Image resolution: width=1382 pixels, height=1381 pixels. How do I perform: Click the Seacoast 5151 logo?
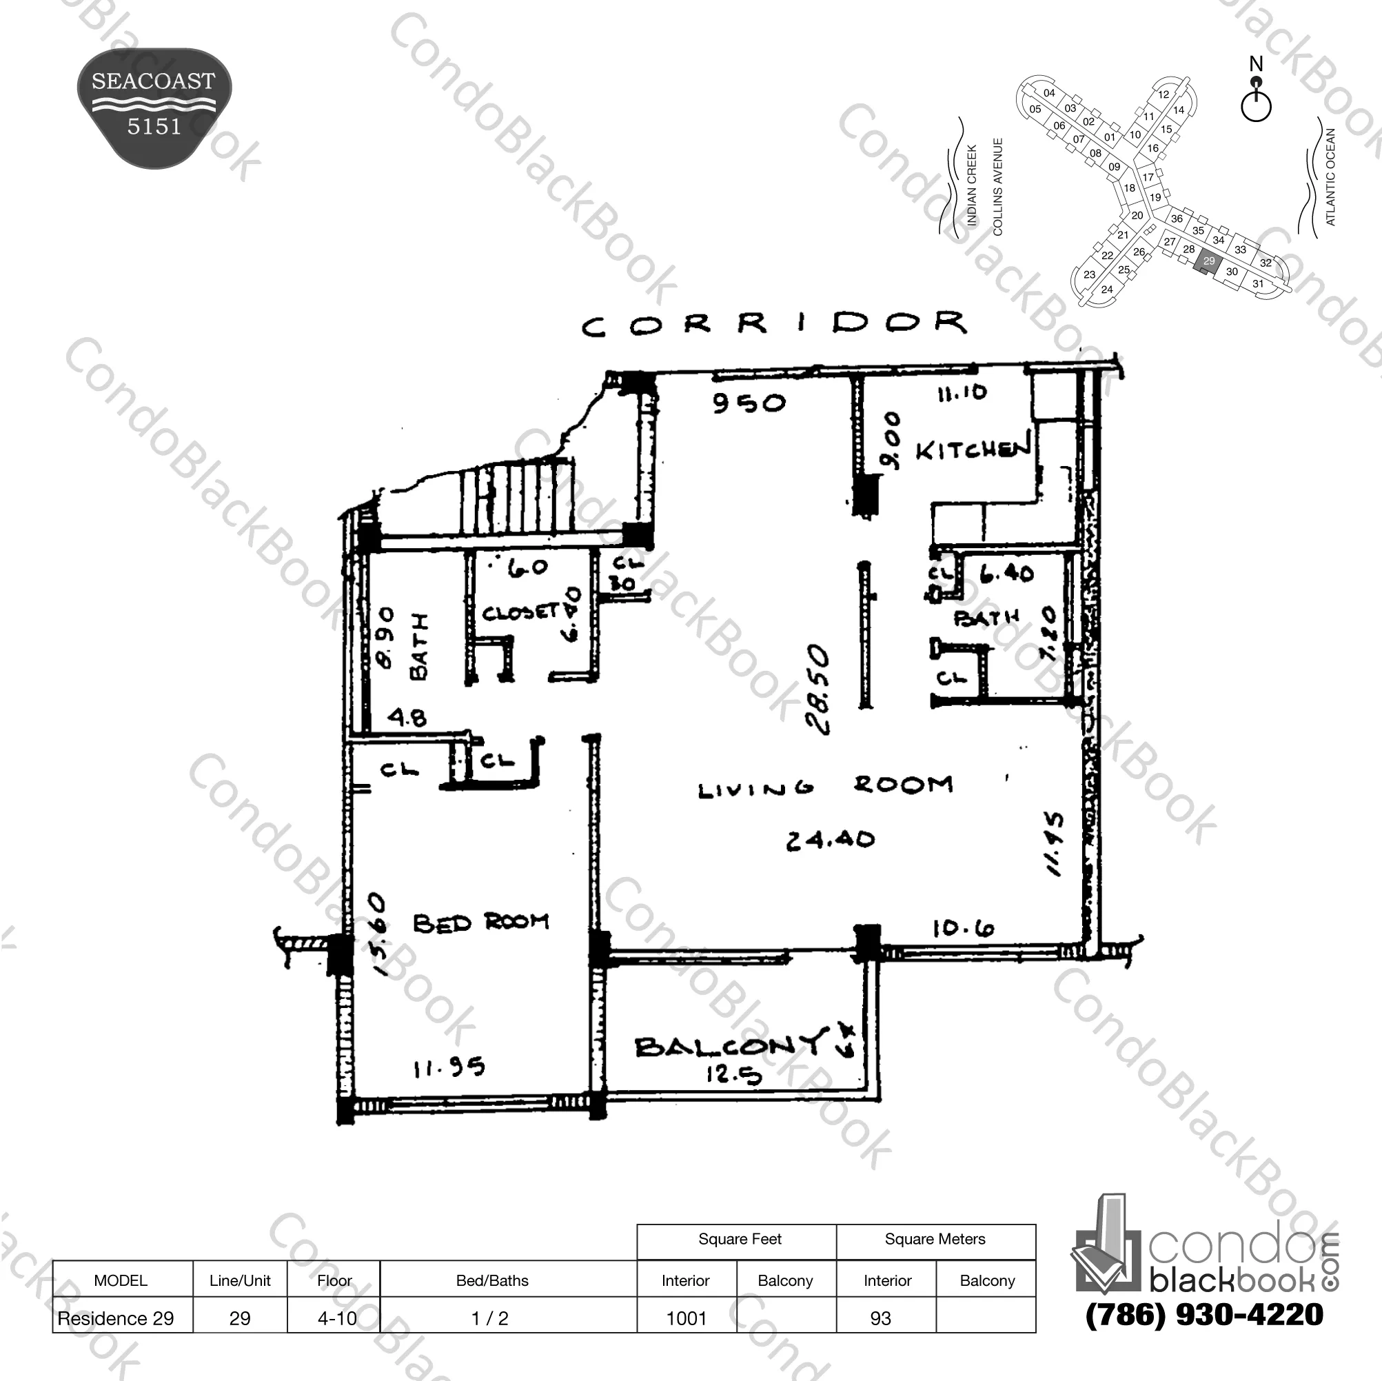154,108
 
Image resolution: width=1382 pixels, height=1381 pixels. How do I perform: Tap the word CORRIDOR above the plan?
774,324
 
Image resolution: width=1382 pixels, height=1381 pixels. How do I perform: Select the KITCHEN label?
973,449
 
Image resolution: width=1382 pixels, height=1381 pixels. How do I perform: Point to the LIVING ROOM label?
826,787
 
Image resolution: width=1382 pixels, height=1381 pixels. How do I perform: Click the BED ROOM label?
480,923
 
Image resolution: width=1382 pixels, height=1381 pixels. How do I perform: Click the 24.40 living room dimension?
830,839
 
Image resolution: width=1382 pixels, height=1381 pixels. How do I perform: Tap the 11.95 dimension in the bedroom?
449,1068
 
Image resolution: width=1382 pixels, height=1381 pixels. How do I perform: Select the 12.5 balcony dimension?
733,1074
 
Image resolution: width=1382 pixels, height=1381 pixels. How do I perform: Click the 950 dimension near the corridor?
749,403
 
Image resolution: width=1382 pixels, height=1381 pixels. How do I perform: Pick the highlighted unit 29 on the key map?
1208,261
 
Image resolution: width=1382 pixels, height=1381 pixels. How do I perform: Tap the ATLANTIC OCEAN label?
1330,177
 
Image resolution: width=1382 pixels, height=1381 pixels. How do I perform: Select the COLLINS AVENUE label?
998,187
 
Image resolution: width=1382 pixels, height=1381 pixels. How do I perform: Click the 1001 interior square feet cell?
686,1318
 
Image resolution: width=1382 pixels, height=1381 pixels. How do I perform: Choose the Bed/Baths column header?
492,1281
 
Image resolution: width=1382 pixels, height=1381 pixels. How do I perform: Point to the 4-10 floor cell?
336,1318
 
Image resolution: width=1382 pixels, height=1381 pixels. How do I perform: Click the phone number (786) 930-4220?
1204,1314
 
